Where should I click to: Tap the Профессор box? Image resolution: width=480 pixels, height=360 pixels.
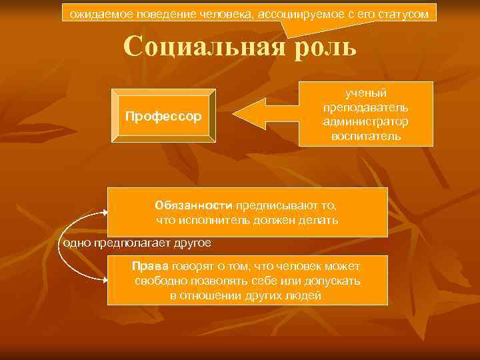tap(163, 117)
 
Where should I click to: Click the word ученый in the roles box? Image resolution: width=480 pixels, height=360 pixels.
tap(365, 93)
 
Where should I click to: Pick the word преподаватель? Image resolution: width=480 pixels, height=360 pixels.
tap(365, 107)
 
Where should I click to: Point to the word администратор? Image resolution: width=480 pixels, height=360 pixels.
tap(365, 122)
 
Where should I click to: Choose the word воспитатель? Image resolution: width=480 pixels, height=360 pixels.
tap(365, 136)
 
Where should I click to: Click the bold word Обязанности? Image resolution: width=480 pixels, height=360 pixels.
tap(193, 205)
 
